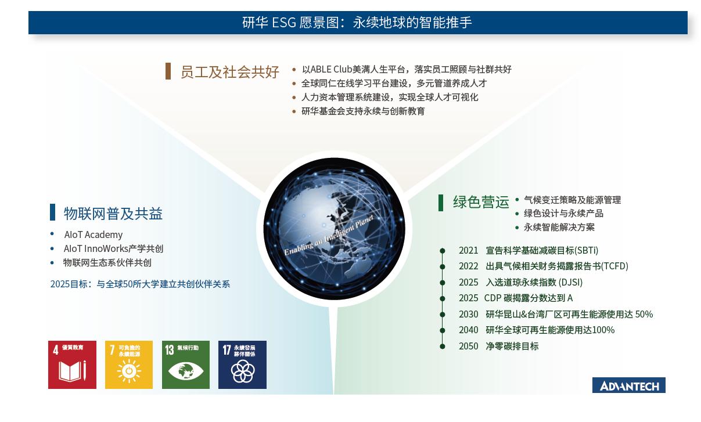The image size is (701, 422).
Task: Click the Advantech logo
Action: pos(628,385)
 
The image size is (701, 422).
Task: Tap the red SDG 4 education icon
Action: pos(72,365)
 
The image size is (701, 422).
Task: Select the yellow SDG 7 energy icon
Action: pos(128,365)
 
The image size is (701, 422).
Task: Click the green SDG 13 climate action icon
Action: pos(185,365)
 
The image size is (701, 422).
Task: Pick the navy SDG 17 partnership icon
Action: pos(242,365)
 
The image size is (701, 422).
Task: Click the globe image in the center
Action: pos(334,228)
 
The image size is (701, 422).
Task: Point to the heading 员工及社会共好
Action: pos(229,72)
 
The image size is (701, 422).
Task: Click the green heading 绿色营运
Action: pos(481,202)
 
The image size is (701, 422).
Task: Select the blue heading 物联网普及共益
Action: pos(113,214)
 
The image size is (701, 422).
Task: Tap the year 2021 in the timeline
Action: pos(468,251)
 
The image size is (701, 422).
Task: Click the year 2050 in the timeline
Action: pos(468,346)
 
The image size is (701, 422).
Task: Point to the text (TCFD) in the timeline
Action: pos(614,266)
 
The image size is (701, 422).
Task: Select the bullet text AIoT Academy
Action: pos(94,235)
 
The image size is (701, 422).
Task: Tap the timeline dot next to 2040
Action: pos(443,330)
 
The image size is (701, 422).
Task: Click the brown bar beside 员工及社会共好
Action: pos(168,71)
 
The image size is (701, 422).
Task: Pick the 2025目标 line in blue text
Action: pos(140,284)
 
